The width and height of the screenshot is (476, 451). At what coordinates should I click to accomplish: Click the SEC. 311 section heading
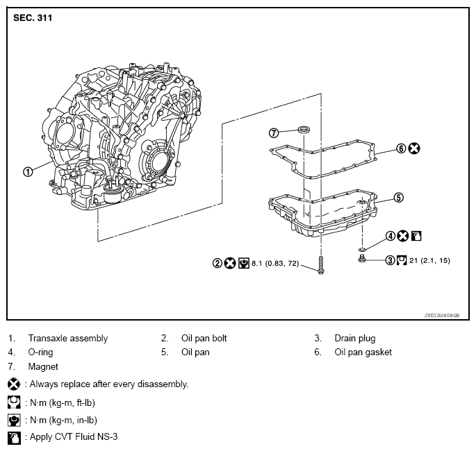(x=33, y=18)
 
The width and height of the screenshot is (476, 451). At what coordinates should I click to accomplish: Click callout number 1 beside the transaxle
(x=28, y=172)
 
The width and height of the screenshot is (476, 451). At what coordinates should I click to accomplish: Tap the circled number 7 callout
(x=274, y=133)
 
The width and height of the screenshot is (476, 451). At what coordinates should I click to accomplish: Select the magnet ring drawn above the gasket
(x=304, y=130)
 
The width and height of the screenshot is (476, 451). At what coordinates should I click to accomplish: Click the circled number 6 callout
(x=402, y=148)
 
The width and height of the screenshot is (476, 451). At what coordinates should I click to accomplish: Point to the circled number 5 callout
(x=399, y=198)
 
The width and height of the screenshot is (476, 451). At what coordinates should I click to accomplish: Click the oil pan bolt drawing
(x=321, y=265)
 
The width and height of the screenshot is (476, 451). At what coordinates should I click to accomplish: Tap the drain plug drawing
(x=361, y=259)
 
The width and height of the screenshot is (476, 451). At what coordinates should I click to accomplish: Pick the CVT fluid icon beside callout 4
(x=416, y=236)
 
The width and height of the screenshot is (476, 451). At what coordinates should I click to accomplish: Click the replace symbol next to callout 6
(x=414, y=148)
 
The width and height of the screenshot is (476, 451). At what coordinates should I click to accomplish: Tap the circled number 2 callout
(x=218, y=263)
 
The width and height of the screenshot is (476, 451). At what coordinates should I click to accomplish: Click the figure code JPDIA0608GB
(x=442, y=316)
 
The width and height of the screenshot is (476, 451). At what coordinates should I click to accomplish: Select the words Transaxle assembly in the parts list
(x=68, y=339)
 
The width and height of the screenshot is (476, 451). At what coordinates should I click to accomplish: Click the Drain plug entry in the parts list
(x=355, y=339)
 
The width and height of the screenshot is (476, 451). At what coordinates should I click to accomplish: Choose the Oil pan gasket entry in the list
(x=363, y=352)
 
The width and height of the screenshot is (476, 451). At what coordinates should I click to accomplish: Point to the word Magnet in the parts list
(x=43, y=367)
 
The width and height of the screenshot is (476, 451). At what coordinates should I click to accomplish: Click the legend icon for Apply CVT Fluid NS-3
(x=14, y=438)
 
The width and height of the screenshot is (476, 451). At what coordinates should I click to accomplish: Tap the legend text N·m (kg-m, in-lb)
(x=63, y=420)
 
